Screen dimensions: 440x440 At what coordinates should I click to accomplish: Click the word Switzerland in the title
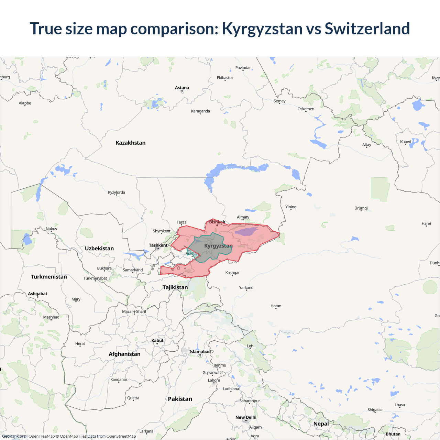(x=367, y=29)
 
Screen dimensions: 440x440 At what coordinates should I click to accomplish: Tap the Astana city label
(x=182, y=88)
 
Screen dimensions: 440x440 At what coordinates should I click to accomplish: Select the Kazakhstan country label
(x=131, y=143)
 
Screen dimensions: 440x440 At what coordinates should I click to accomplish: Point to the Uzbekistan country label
(x=99, y=248)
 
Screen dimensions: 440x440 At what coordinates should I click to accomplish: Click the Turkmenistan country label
(x=49, y=277)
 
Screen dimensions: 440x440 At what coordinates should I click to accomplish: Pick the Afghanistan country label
(x=124, y=354)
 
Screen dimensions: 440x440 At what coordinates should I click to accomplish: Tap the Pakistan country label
(x=180, y=399)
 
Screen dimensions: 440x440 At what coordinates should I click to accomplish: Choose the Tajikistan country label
(x=175, y=287)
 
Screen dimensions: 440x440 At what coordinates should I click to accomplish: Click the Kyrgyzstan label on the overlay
(x=218, y=246)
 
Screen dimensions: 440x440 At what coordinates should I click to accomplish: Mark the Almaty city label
(x=243, y=217)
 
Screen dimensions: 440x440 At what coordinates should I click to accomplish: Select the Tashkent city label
(x=158, y=245)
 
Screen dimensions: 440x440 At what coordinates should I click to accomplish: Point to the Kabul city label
(x=157, y=340)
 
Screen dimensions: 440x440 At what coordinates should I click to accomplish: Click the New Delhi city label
(x=246, y=417)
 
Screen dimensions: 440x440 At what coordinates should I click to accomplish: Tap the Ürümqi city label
(x=361, y=208)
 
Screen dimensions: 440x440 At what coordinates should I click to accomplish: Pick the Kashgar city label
(x=232, y=273)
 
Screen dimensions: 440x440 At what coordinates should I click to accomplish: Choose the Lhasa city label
(x=400, y=405)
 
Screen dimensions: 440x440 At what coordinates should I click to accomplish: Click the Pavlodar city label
(x=243, y=68)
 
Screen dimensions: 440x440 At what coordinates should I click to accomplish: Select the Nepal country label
(x=321, y=423)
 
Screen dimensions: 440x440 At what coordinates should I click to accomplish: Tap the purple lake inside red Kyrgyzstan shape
(x=246, y=231)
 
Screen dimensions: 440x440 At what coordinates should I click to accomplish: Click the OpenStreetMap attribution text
(x=121, y=436)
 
